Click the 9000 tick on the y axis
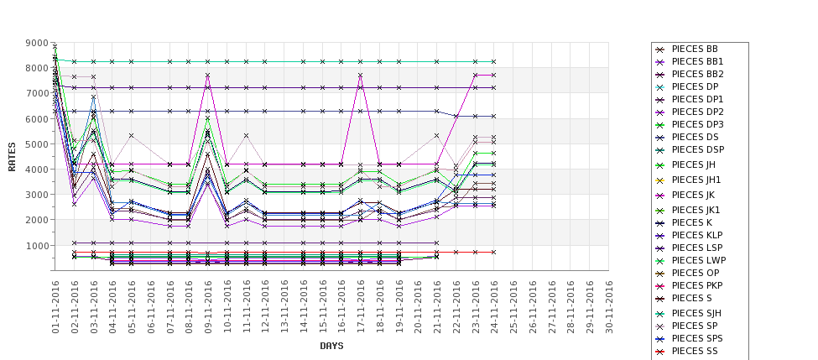tap(36, 43)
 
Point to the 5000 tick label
tap(36, 144)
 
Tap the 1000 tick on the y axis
tap(36, 246)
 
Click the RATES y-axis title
tap(12, 156)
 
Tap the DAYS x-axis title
tap(331, 346)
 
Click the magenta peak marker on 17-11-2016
tap(361, 76)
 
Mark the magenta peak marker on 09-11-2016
tap(208, 76)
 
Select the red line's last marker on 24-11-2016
tap(493, 252)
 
